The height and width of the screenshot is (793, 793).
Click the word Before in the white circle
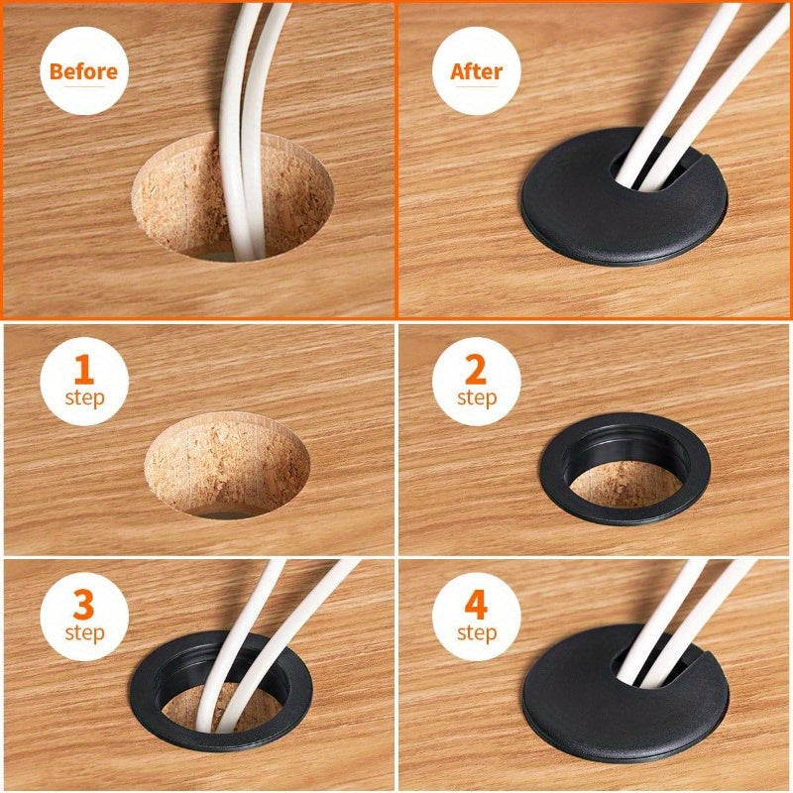[83, 71]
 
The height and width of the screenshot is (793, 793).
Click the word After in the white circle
[477, 71]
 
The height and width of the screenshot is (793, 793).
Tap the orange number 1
[84, 369]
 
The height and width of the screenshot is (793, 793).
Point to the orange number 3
[84, 605]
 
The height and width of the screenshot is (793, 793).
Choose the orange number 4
[476, 605]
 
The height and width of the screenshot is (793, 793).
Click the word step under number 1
[84, 398]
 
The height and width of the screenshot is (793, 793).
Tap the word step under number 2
[477, 398]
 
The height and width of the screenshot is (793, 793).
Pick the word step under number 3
[84, 633]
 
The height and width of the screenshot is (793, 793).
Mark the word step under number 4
[477, 633]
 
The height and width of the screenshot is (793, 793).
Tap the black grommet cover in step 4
[624, 713]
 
